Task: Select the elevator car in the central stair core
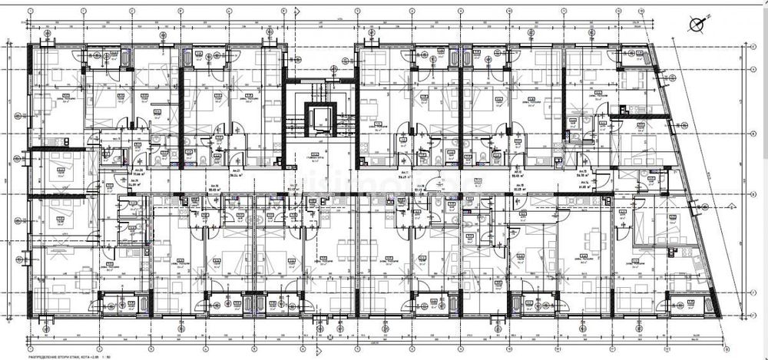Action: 316,118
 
